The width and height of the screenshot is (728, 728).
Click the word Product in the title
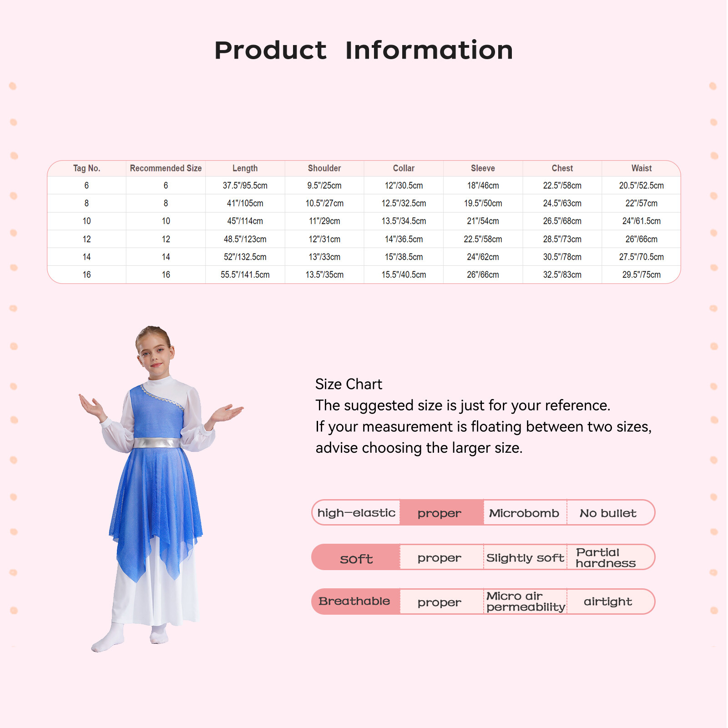click(270, 50)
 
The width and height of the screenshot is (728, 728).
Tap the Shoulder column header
click(324, 168)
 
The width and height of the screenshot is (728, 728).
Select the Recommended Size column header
click(166, 168)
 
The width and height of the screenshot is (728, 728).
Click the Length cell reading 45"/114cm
click(245, 221)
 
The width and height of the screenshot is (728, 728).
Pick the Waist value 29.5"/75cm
click(642, 275)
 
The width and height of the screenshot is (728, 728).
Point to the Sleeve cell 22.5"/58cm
click(483, 239)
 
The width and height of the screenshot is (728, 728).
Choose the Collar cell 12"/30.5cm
click(404, 186)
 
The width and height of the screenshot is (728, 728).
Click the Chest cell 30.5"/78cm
click(562, 257)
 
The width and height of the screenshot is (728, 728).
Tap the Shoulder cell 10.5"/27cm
click(324, 203)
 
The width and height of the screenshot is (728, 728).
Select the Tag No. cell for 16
click(86, 275)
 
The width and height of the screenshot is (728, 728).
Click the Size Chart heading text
click(349, 384)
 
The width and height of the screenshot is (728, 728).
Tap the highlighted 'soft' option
click(356, 558)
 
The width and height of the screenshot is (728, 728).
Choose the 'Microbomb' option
click(524, 513)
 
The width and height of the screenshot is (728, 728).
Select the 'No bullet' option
click(608, 513)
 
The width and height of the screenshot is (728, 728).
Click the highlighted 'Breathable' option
click(354, 602)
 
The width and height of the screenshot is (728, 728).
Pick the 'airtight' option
click(608, 602)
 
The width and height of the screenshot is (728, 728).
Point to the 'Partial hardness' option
click(606, 558)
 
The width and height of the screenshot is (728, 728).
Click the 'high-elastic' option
click(356, 513)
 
